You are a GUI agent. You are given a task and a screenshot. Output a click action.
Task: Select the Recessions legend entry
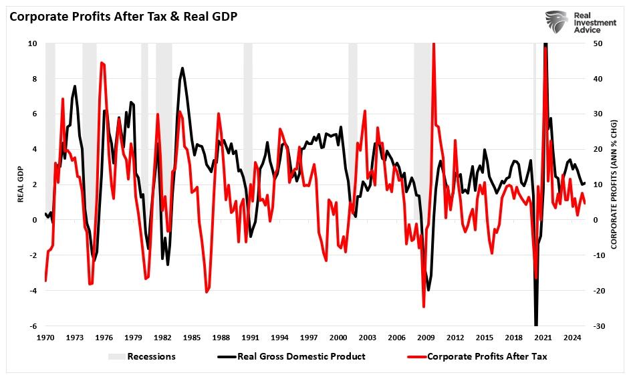click(x=142, y=356)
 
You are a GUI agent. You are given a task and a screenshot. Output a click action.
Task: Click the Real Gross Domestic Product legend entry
click(x=291, y=356)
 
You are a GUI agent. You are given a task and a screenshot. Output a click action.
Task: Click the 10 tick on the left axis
click(x=31, y=43)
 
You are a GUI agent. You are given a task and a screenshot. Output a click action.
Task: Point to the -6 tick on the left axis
click(x=31, y=326)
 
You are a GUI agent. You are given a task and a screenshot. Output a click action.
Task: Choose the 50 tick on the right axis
click(x=598, y=43)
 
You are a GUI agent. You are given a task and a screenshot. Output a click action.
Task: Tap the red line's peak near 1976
click(x=101, y=63)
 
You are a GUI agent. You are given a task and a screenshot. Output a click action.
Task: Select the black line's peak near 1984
click(x=182, y=68)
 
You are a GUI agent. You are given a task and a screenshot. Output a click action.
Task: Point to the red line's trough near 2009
click(x=424, y=307)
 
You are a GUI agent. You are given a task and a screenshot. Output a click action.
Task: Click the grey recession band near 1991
click(x=248, y=134)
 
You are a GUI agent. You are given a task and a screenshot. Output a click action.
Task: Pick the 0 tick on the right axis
click(x=596, y=220)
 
